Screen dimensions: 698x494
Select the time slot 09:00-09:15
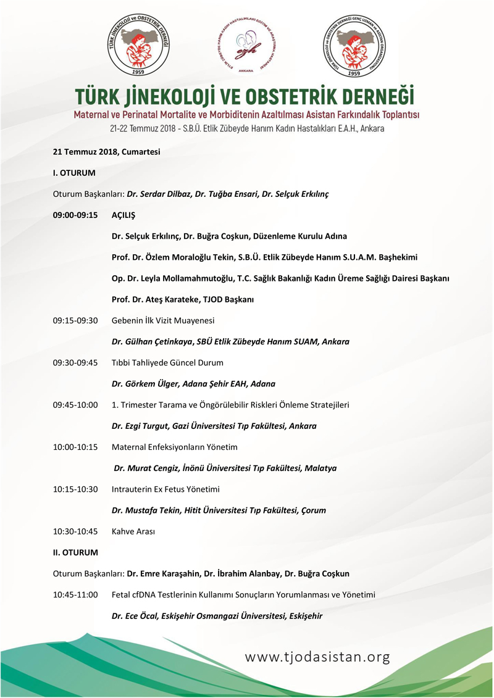pos(75,215)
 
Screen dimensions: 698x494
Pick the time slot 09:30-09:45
pos(75,362)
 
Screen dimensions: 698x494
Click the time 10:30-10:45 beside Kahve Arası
pos(75,531)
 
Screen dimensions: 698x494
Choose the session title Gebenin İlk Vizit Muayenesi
pos(163,320)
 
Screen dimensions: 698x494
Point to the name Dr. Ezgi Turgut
pos(145,426)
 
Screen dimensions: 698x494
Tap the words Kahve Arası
pos(133,531)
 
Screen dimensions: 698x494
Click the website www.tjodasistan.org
pos(317,657)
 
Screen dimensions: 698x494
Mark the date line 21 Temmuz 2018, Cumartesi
pos(106,152)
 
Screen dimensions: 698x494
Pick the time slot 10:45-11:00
pos(75,594)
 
